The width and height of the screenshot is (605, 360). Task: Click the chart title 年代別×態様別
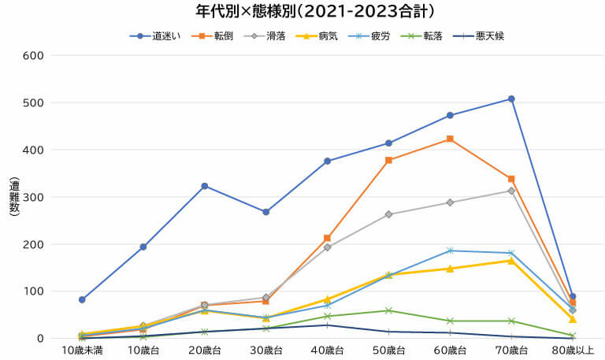point(303,12)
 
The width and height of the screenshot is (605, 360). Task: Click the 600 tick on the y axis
point(32,55)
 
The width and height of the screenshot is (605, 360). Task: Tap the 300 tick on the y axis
point(32,197)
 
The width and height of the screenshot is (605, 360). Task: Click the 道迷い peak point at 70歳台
point(511,98)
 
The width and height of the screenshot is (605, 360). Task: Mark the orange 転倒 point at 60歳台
point(450,139)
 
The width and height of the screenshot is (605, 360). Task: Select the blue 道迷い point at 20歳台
point(205,186)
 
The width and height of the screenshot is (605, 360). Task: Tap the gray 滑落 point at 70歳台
point(511,191)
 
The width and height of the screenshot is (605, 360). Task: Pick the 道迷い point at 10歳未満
point(82,299)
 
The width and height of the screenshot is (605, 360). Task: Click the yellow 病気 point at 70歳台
point(511,260)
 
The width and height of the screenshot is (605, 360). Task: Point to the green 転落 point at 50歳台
point(388,310)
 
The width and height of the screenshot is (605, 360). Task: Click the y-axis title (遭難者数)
point(13,197)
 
